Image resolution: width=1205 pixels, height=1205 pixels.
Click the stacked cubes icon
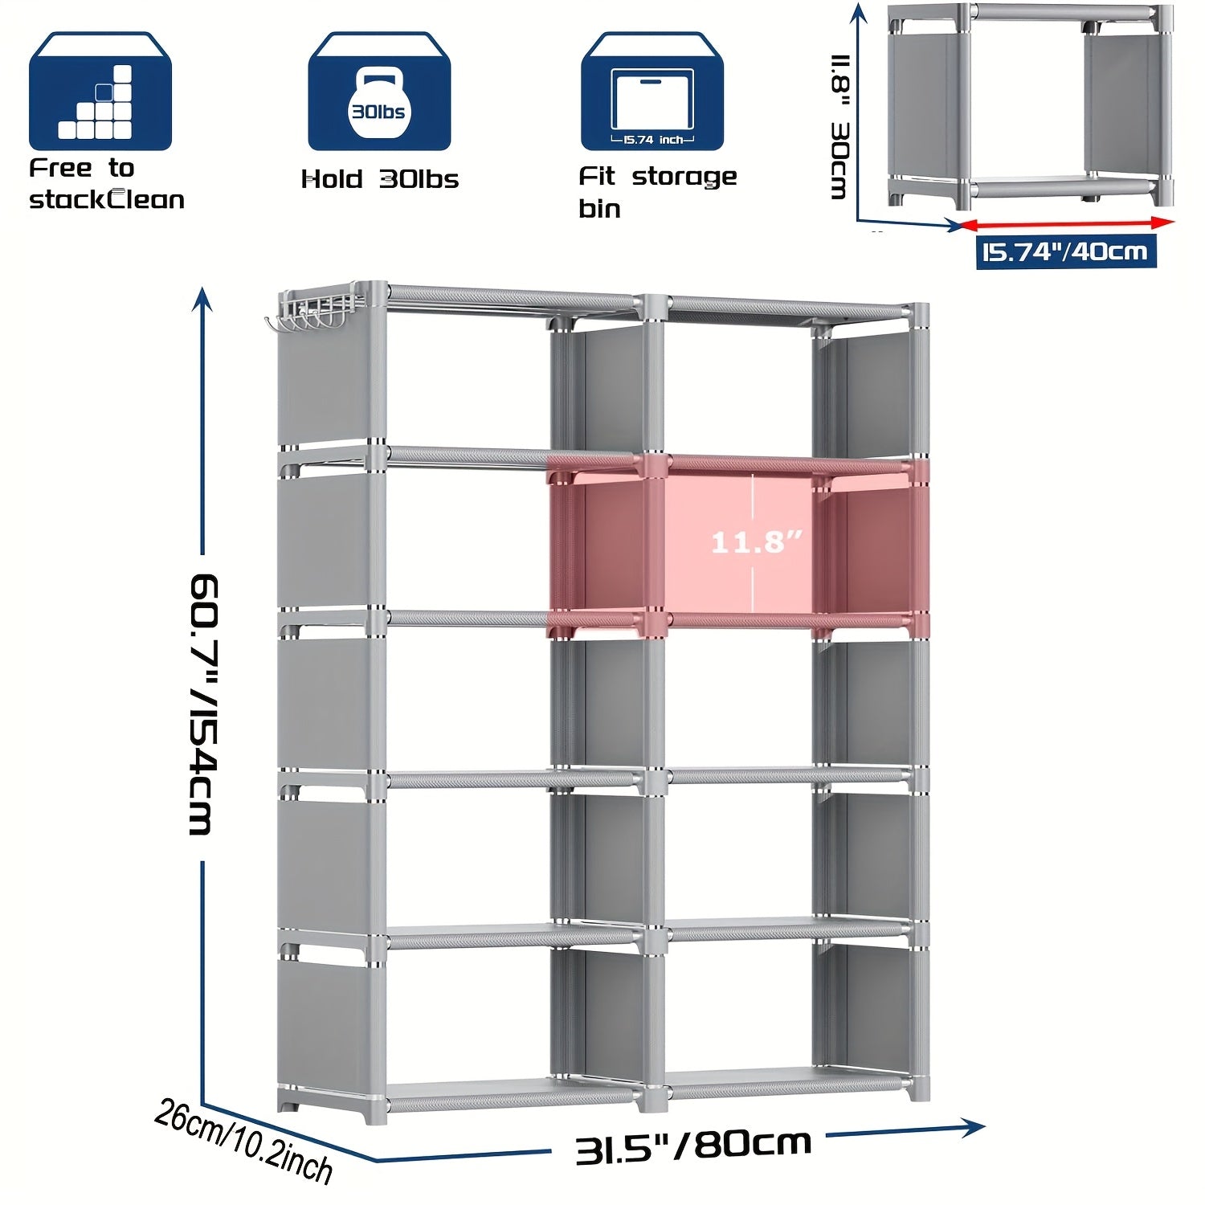click(100, 91)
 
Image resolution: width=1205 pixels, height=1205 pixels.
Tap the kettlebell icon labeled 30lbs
click(379, 91)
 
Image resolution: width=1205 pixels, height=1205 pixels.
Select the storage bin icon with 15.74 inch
click(652, 91)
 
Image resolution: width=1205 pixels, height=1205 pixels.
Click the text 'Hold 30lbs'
click(380, 179)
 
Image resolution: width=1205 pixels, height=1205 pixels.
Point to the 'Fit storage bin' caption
click(657, 192)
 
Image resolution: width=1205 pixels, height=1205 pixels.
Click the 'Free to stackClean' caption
click(107, 184)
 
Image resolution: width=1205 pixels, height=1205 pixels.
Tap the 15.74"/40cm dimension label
click(1066, 251)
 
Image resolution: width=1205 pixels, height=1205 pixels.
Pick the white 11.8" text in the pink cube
click(757, 542)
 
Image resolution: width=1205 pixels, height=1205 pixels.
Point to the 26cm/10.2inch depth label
click(243, 1142)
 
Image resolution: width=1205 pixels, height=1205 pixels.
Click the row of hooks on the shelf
click(309, 313)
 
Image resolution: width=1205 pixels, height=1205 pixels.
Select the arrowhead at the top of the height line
click(202, 298)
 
